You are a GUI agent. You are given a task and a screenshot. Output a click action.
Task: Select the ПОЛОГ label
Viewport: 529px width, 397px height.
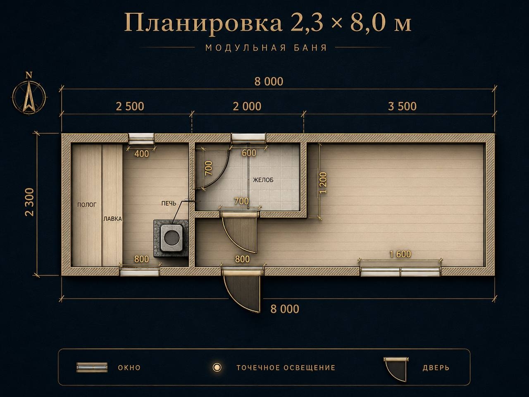86,205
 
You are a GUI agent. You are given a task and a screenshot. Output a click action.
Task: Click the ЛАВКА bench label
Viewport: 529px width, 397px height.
112,219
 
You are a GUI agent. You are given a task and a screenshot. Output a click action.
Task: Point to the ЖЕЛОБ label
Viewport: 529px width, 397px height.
263,180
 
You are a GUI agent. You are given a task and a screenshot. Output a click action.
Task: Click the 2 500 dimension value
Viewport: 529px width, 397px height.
130,106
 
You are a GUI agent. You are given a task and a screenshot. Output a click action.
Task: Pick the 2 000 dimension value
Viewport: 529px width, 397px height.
247,106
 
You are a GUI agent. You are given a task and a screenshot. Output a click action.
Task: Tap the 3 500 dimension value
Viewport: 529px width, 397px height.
402,106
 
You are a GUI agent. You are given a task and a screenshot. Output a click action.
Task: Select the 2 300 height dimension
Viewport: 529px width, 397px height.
30,202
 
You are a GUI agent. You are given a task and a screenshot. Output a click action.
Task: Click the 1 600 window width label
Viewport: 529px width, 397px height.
400,254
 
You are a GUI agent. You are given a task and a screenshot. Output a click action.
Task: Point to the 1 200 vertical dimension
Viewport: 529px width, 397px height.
324,183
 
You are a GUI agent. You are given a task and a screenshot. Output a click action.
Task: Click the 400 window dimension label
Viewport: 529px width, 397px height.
142,154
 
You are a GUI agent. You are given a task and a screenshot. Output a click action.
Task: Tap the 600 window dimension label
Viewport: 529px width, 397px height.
249,153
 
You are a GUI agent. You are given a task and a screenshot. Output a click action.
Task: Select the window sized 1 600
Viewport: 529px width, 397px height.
400,271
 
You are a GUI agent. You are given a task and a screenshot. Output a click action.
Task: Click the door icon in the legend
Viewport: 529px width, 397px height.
396,369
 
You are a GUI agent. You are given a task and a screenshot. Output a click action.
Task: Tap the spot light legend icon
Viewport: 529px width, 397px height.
217,367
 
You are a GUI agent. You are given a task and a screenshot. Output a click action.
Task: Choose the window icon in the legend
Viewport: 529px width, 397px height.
92,367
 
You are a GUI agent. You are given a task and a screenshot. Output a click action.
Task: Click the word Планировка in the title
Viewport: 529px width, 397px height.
203,24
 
